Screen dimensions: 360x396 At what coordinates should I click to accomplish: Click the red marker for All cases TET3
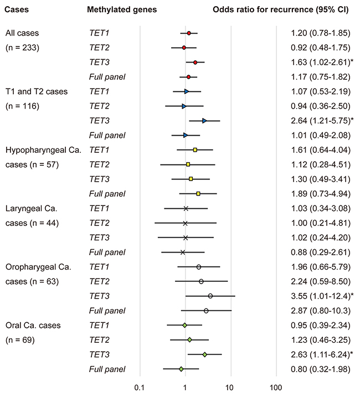pyautogui.click(x=195, y=63)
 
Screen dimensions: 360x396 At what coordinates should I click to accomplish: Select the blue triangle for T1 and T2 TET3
pyautogui.click(x=204, y=121)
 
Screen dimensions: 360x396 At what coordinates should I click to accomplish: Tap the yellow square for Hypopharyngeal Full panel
pyautogui.click(x=198, y=194)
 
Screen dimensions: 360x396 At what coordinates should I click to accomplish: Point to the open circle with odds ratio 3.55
pyautogui.click(x=210, y=296)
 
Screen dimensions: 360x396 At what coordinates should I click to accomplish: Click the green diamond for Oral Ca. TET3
pyautogui.click(x=204, y=354)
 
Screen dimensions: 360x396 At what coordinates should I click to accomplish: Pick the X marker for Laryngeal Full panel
pyautogui.click(x=183, y=253)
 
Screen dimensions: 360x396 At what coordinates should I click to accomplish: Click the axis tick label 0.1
pyautogui.click(x=139, y=388)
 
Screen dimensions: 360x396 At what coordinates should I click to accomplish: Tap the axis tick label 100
pyautogui.click(x=276, y=388)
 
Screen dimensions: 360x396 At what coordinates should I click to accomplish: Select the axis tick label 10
pyautogui.click(x=229, y=388)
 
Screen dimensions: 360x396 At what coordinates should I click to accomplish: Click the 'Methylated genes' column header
pyautogui.click(x=122, y=9)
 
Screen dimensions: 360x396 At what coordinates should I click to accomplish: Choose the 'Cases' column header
pyautogui.click(x=17, y=9)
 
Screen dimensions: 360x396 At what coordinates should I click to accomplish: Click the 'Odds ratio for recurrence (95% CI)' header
pyautogui.click(x=281, y=9)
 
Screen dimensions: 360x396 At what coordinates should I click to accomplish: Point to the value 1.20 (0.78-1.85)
pyautogui.click(x=321, y=33)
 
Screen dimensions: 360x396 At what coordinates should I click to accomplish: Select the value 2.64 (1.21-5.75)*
pyautogui.click(x=322, y=121)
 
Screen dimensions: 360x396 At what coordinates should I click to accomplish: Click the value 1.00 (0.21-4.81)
pyautogui.click(x=321, y=223)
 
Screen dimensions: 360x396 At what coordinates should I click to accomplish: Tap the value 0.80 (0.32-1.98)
pyautogui.click(x=321, y=369)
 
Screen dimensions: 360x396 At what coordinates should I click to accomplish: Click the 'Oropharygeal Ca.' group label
pyautogui.click(x=38, y=267)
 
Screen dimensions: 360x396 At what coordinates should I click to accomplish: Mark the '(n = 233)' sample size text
pyautogui.click(x=22, y=48)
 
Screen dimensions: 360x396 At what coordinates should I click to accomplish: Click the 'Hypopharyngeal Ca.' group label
pyautogui.click(x=43, y=150)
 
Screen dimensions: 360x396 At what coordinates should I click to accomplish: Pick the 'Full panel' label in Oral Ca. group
pyautogui.click(x=107, y=369)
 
